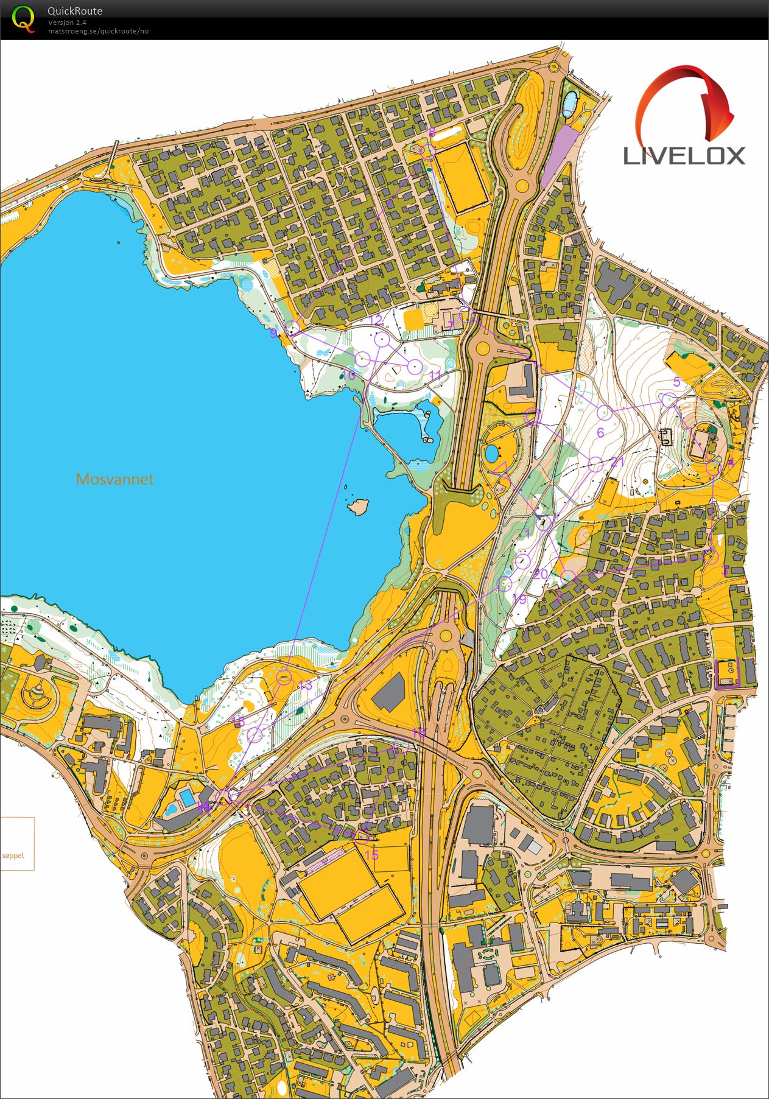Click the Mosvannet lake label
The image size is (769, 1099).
point(114,479)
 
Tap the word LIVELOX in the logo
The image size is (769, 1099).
point(684,156)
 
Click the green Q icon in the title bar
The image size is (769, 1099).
point(23,19)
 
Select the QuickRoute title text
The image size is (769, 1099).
point(75,11)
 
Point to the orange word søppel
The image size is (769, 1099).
point(13,855)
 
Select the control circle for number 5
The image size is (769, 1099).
point(669,401)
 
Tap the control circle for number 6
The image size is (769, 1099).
point(604,412)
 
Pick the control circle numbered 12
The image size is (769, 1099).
point(382,340)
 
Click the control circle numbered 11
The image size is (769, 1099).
point(415,367)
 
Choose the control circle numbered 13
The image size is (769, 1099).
point(284,677)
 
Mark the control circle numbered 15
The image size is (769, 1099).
point(361,835)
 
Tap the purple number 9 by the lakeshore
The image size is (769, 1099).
point(273,333)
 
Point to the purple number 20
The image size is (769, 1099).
point(541,574)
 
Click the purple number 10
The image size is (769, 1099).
point(349,376)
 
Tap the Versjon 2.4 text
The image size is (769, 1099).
point(67,23)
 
